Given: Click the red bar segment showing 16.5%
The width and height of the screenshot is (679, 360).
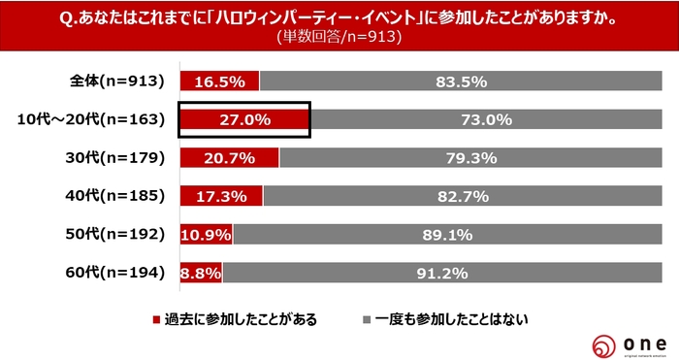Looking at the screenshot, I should point(219,82).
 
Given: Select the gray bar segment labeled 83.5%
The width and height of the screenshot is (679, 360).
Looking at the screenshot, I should point(461,82).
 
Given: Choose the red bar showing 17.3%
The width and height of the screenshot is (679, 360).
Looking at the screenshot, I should point(221,197).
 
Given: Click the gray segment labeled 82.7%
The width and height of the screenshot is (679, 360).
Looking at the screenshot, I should point(462,197).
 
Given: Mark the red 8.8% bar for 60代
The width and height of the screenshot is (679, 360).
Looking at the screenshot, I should point(201,273).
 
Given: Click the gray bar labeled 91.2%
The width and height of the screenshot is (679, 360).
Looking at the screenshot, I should point(442,273).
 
